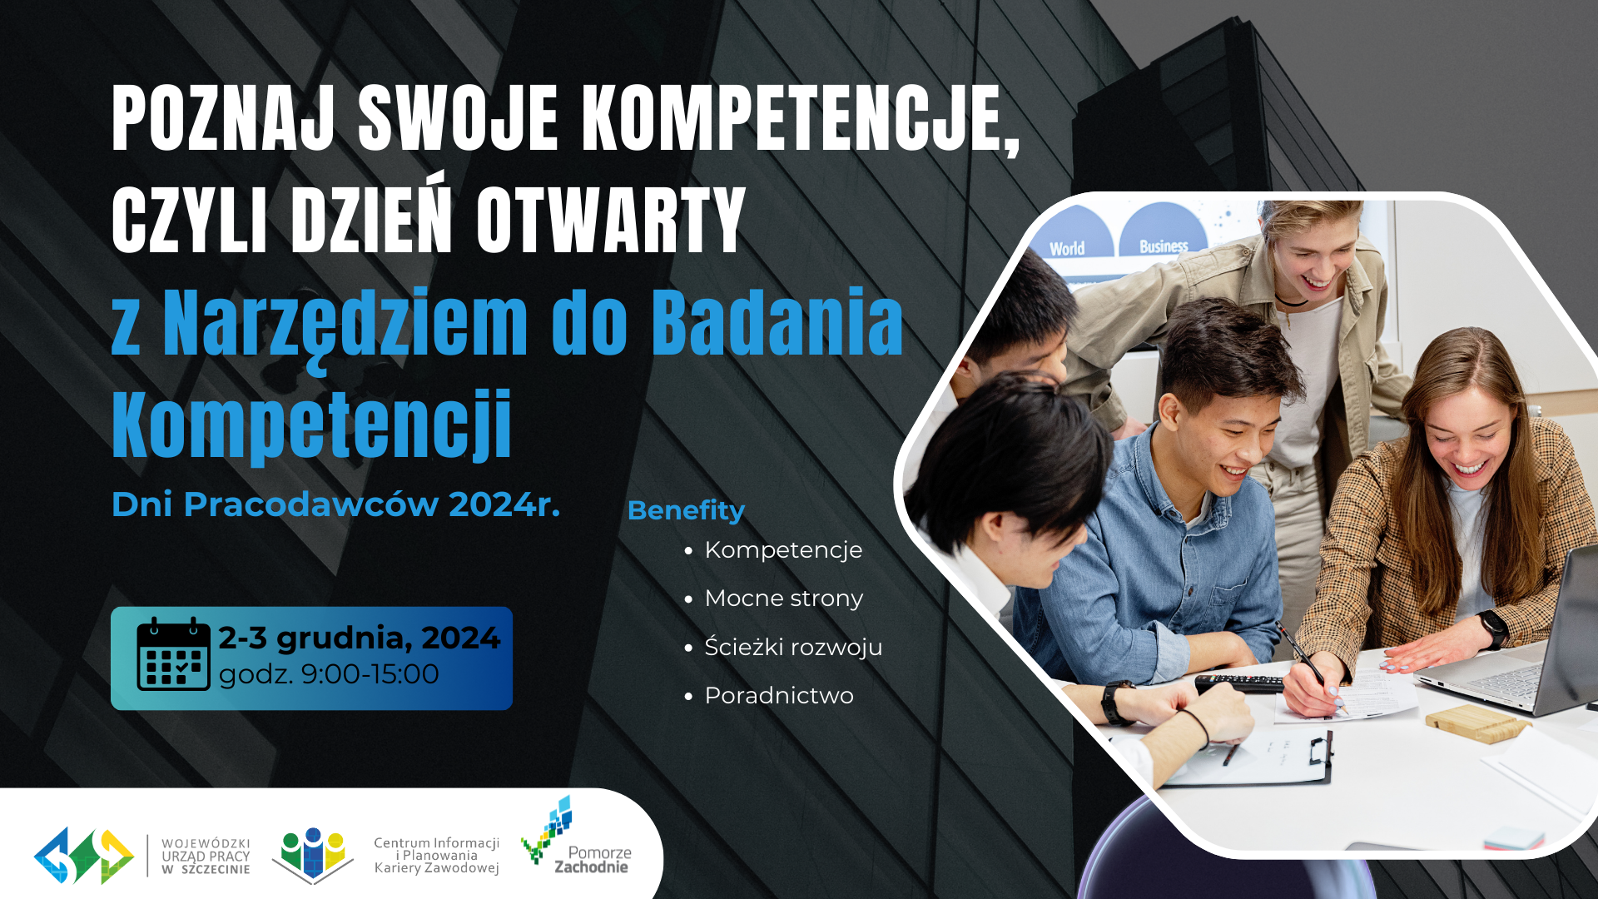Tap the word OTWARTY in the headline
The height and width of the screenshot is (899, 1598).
tap(611, 220)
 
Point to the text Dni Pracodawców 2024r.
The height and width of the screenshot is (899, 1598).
tap(336, 504)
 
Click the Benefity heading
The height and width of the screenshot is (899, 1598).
tap(686, 510)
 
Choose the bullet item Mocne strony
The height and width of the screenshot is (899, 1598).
tap(783, 599)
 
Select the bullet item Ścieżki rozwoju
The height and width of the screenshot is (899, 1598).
tap(793, 647)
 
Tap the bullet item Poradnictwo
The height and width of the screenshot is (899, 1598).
tap(779, 695)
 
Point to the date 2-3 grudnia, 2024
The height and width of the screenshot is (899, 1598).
tap(360, 638)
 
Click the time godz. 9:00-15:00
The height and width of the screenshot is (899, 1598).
tap(329, 674)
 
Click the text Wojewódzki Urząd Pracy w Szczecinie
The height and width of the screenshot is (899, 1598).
tap(206, 857)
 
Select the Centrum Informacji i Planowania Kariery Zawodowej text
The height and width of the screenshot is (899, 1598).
tap(436, 856)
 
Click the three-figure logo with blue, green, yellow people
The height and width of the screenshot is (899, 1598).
tap(313, 856)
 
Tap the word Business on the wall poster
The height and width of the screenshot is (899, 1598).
tap(1164, 246)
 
